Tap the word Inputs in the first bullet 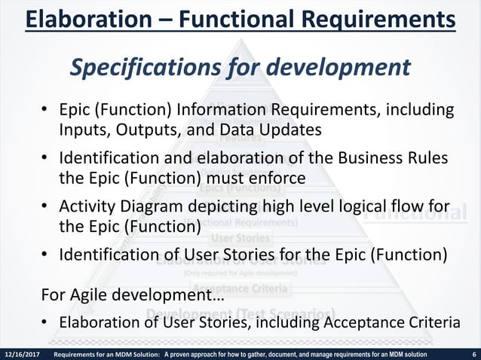tap(84, 130)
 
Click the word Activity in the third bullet tap(86, 206)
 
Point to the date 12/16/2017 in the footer tap(24, 354)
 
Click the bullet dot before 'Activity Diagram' tap(45, 207)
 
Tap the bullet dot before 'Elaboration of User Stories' tap(45, 322)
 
